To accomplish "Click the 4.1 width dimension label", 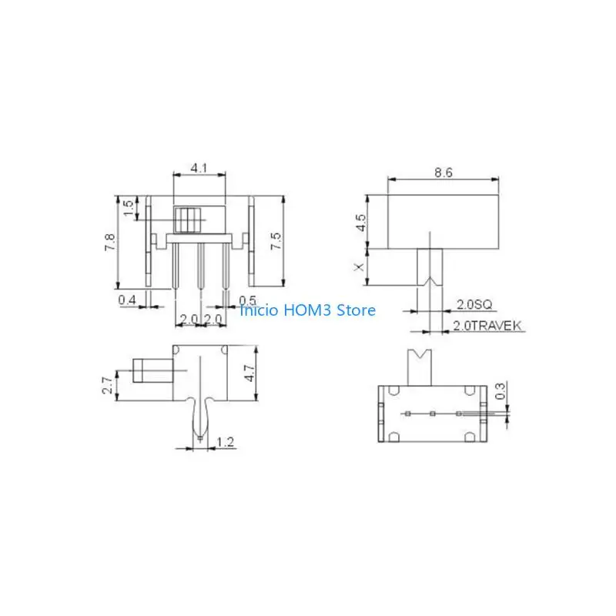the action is pos(199,168).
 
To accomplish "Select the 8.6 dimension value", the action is pos(444,172).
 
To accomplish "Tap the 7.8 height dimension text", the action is pos(110,242).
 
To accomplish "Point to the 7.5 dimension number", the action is pos(276,240).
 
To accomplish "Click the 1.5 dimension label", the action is pos(129,208).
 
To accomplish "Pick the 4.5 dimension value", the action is pos(360,223).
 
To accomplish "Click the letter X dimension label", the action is pos(359,267).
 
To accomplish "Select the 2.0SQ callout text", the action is pos(474,304).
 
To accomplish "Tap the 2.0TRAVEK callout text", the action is pos(487,325).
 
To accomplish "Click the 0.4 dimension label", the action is pos(127,300).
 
